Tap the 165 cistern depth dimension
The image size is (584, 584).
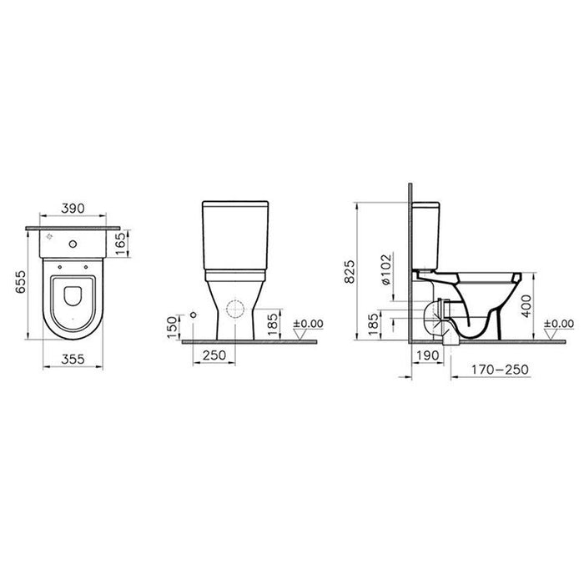119,244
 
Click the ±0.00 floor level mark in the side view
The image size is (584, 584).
558,324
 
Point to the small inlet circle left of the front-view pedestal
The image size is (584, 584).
193,314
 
